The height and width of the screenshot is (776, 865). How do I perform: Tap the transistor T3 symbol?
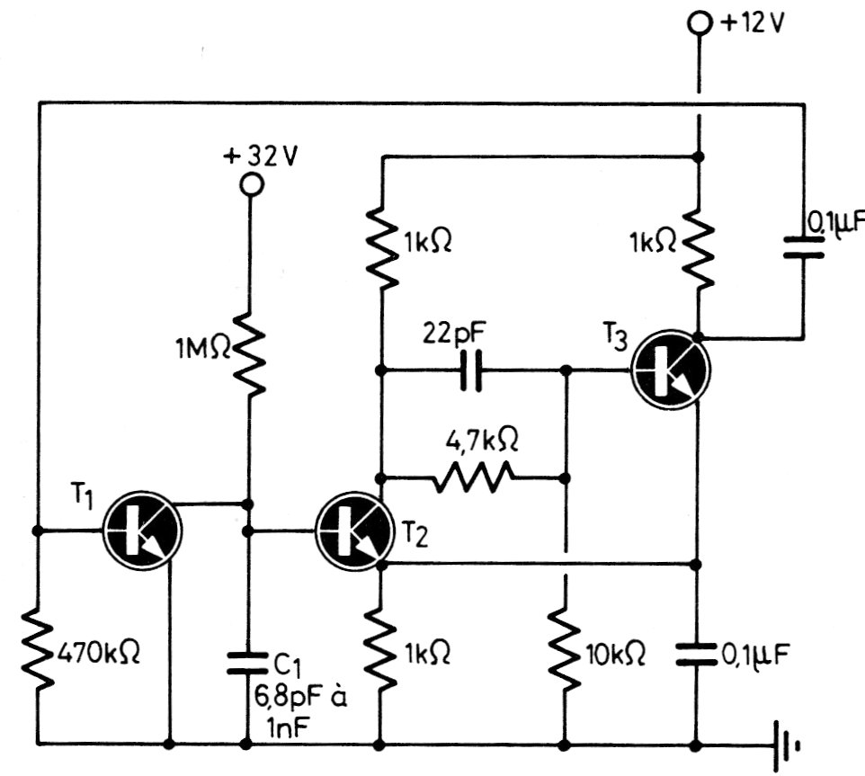(x=671, y=369)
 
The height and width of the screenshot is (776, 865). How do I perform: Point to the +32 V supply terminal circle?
(x=252, y=184)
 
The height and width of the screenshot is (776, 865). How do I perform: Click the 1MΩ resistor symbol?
(x=252, y=351)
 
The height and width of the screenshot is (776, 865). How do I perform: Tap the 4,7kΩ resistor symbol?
(x=474, y=477)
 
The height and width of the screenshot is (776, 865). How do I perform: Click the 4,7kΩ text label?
(x=483, y=442)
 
